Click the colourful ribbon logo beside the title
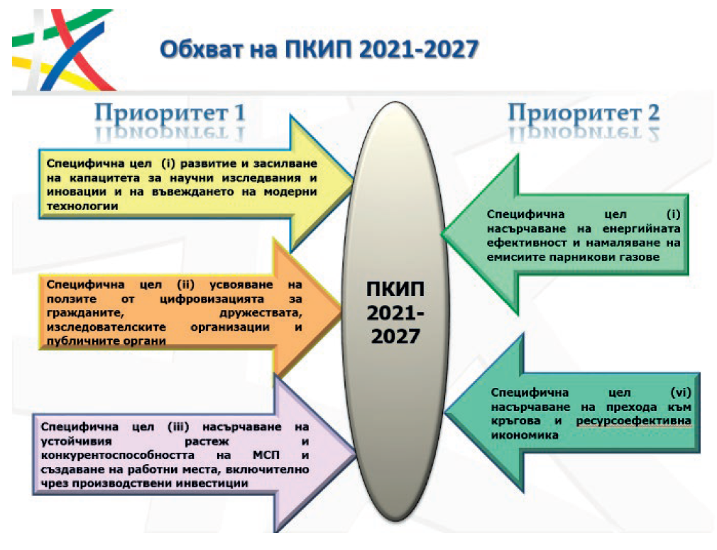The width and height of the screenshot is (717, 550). [x=63, y=50]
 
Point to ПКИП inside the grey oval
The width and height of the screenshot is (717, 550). [x=395, y=290]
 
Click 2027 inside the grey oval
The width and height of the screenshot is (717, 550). [x=395, y=336]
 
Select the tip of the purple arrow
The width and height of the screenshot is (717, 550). [x=355, y=454]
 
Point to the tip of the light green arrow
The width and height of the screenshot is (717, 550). [x=442, y=234]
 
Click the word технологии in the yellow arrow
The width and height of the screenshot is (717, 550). [x=82, y=207]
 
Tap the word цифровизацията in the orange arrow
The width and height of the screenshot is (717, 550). [x=212, y=299]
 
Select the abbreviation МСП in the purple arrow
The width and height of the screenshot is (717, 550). [x=266, y=456]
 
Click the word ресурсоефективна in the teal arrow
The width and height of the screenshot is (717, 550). [x=633, y=421]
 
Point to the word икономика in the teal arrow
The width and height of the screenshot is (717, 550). [x=525, y=435]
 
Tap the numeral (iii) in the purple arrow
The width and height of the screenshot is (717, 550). [x=178, y=427]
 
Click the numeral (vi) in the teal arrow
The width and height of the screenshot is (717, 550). [x=680, y=392]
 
